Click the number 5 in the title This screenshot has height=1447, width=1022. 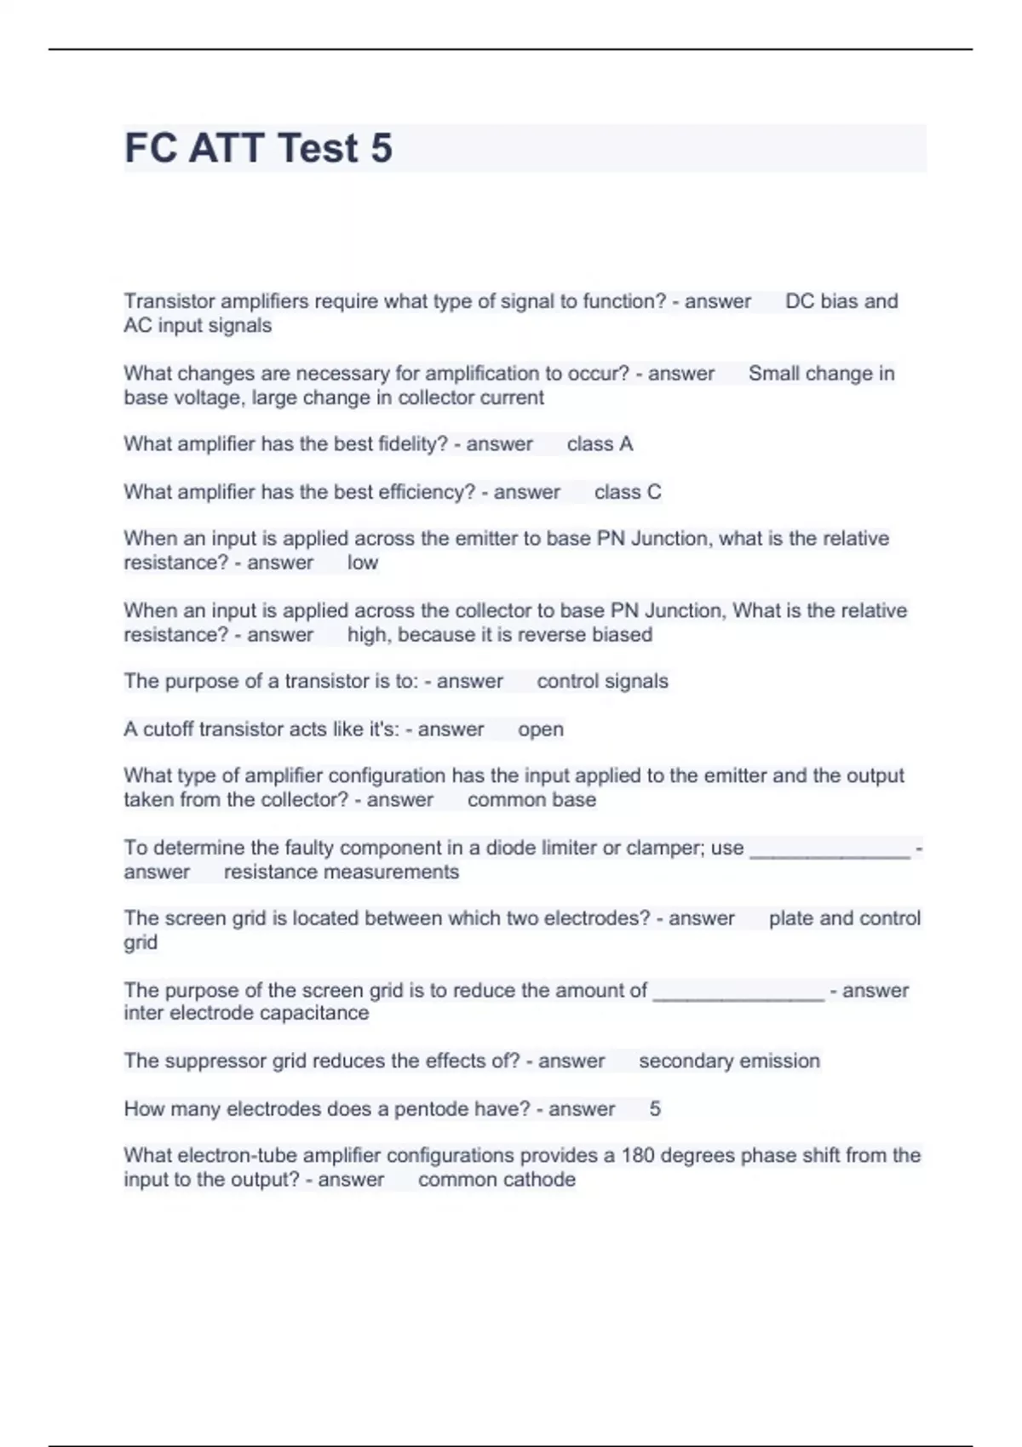point(382,148)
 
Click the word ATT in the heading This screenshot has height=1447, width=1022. point(226,148)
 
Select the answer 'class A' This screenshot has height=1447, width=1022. point(600,444)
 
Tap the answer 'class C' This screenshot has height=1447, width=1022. point(628,492)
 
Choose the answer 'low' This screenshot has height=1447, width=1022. point(362,563)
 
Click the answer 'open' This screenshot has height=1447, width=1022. point(540,729)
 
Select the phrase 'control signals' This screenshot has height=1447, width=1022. point(602,682)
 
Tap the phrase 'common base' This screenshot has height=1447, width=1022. point(531,800)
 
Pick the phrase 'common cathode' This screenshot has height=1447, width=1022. point(497,1180)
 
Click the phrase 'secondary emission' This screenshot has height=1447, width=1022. point(729,1061)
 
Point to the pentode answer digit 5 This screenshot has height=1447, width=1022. point(655,1109)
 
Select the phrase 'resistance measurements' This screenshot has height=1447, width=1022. point(341,872)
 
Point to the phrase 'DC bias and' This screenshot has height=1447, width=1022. point(841,301)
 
